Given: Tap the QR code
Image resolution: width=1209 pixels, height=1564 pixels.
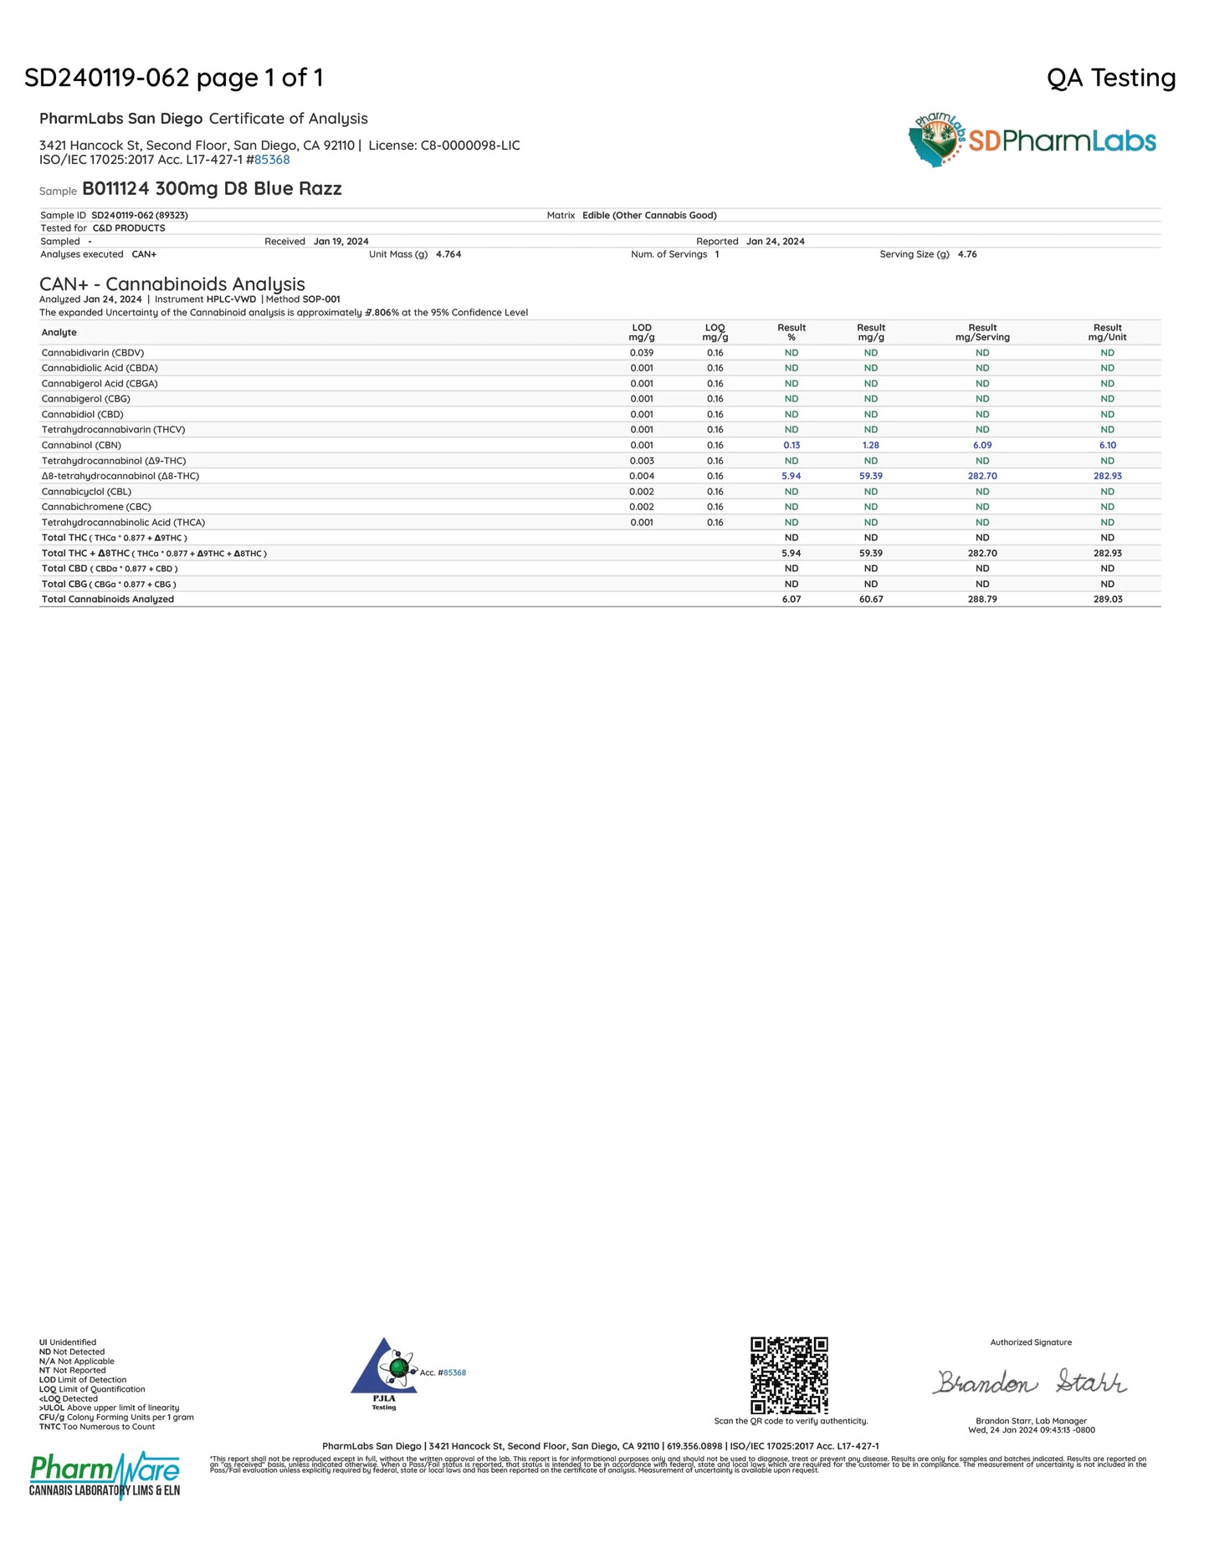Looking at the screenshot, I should [789, 1375].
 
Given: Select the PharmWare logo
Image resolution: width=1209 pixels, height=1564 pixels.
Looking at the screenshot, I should [105, 1475].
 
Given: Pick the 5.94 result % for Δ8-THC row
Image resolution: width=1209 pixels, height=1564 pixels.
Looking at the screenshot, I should [791, 476].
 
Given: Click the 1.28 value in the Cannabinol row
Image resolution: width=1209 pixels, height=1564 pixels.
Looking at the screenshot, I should [870, 445].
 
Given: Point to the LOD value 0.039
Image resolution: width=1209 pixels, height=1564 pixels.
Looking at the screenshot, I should [641, 353].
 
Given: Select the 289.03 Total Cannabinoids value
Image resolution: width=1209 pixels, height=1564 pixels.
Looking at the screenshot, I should [1107, 600].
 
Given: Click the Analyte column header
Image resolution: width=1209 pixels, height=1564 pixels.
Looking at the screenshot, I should [59, 333].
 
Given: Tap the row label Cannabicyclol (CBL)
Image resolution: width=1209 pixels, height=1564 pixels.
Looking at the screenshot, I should [86, 492].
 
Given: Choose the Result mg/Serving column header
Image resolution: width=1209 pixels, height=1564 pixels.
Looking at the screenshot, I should [982, 333].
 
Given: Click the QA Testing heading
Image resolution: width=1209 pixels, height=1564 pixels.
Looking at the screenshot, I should [1110, 78].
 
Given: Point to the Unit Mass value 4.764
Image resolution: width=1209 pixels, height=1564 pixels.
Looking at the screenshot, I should [448, 254].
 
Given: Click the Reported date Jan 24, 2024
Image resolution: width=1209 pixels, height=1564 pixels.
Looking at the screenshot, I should [775, 242].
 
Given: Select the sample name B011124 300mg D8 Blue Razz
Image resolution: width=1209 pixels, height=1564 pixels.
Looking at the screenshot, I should [212, 189].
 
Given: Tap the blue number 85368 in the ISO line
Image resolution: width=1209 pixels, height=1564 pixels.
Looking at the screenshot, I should [272, 160].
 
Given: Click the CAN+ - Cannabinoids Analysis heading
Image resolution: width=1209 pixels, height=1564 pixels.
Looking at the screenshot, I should [172, 284].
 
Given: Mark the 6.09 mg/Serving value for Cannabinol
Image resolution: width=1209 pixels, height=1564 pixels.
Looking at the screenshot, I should [982, 445].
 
